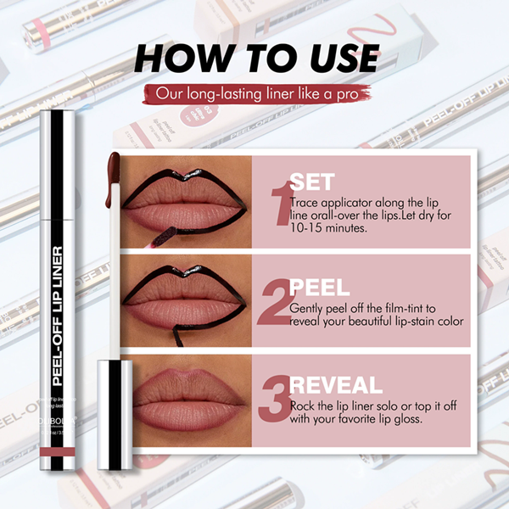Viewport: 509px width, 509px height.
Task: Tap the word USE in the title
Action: click(336, 59)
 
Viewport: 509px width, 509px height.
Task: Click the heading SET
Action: click(312, 182)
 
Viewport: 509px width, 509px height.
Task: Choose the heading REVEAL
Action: click(336, 385)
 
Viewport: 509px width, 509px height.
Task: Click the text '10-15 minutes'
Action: click(328, 228)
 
